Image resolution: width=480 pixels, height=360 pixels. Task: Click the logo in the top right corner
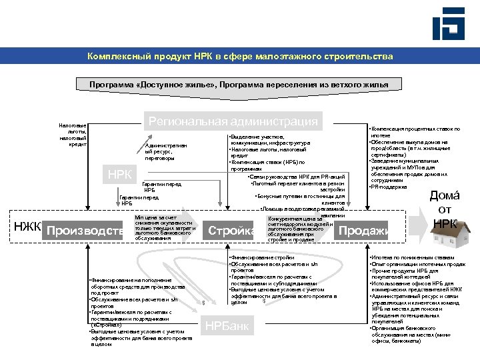[x=447, y=23]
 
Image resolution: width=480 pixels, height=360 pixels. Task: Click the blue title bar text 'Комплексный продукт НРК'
[x=240, y=57]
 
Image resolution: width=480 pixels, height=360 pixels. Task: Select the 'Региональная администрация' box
[x=233, y=121]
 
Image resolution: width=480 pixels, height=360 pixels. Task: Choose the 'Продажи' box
[x=363, y=231]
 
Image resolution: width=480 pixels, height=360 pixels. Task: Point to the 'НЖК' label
[x=27, y=227]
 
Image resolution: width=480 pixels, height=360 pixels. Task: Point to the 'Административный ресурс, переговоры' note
[x=166, y=152]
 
